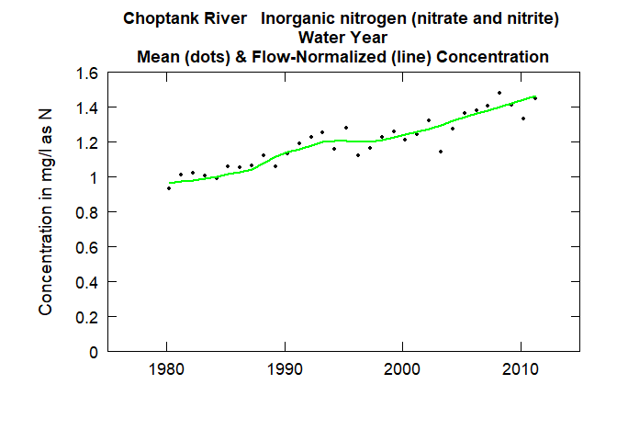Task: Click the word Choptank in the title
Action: [159, 18]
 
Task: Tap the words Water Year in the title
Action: [342, 38]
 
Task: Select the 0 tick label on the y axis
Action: [92, 352]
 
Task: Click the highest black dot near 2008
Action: [499, 93]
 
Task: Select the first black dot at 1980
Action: [169, 188]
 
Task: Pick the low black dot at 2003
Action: [441, 152]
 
